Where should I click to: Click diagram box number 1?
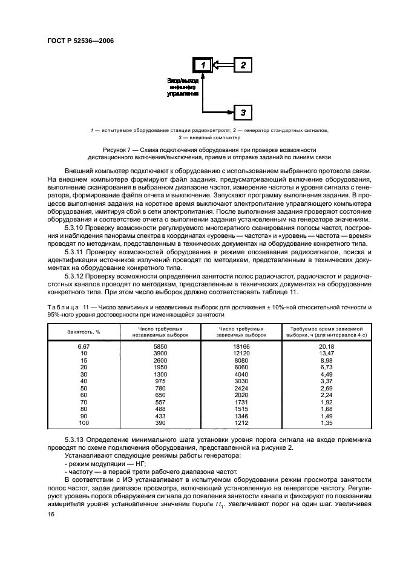(x=204, y=65)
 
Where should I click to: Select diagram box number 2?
(x=243, y=65)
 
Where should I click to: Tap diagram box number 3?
(x=243, y=112)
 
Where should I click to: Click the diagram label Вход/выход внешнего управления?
(x=182, y=87)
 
